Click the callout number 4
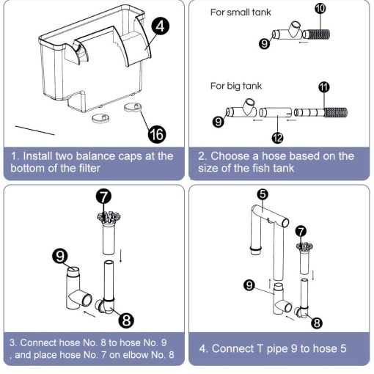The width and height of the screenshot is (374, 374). (x=161, y=26)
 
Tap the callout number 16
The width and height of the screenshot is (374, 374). (x=157, y=134)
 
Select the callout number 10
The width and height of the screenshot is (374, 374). (x=320, y=9)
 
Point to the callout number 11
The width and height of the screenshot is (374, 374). (x=324, y=87)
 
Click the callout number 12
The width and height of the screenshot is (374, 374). (x=277, y=138)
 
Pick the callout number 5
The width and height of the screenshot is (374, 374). (x=263, y=194)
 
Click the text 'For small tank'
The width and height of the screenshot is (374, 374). (x=241, y=12)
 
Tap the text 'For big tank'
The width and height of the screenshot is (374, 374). (x=236, y=86)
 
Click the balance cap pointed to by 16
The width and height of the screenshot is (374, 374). (x=133, y=107)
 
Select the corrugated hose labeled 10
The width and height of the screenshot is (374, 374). (x=316, y=34)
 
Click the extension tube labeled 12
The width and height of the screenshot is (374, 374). (x=276, y=112)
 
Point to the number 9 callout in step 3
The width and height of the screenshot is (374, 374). (x=60, y=256)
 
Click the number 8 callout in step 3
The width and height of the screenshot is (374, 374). (x=126, y=320)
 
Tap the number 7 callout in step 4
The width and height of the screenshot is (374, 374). (x=301, y=231)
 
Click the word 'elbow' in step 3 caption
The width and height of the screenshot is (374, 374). (x=134, y=355)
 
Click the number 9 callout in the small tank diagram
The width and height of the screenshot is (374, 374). (x=264, y=44)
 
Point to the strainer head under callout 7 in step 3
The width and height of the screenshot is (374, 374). (x=109, y=218)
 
